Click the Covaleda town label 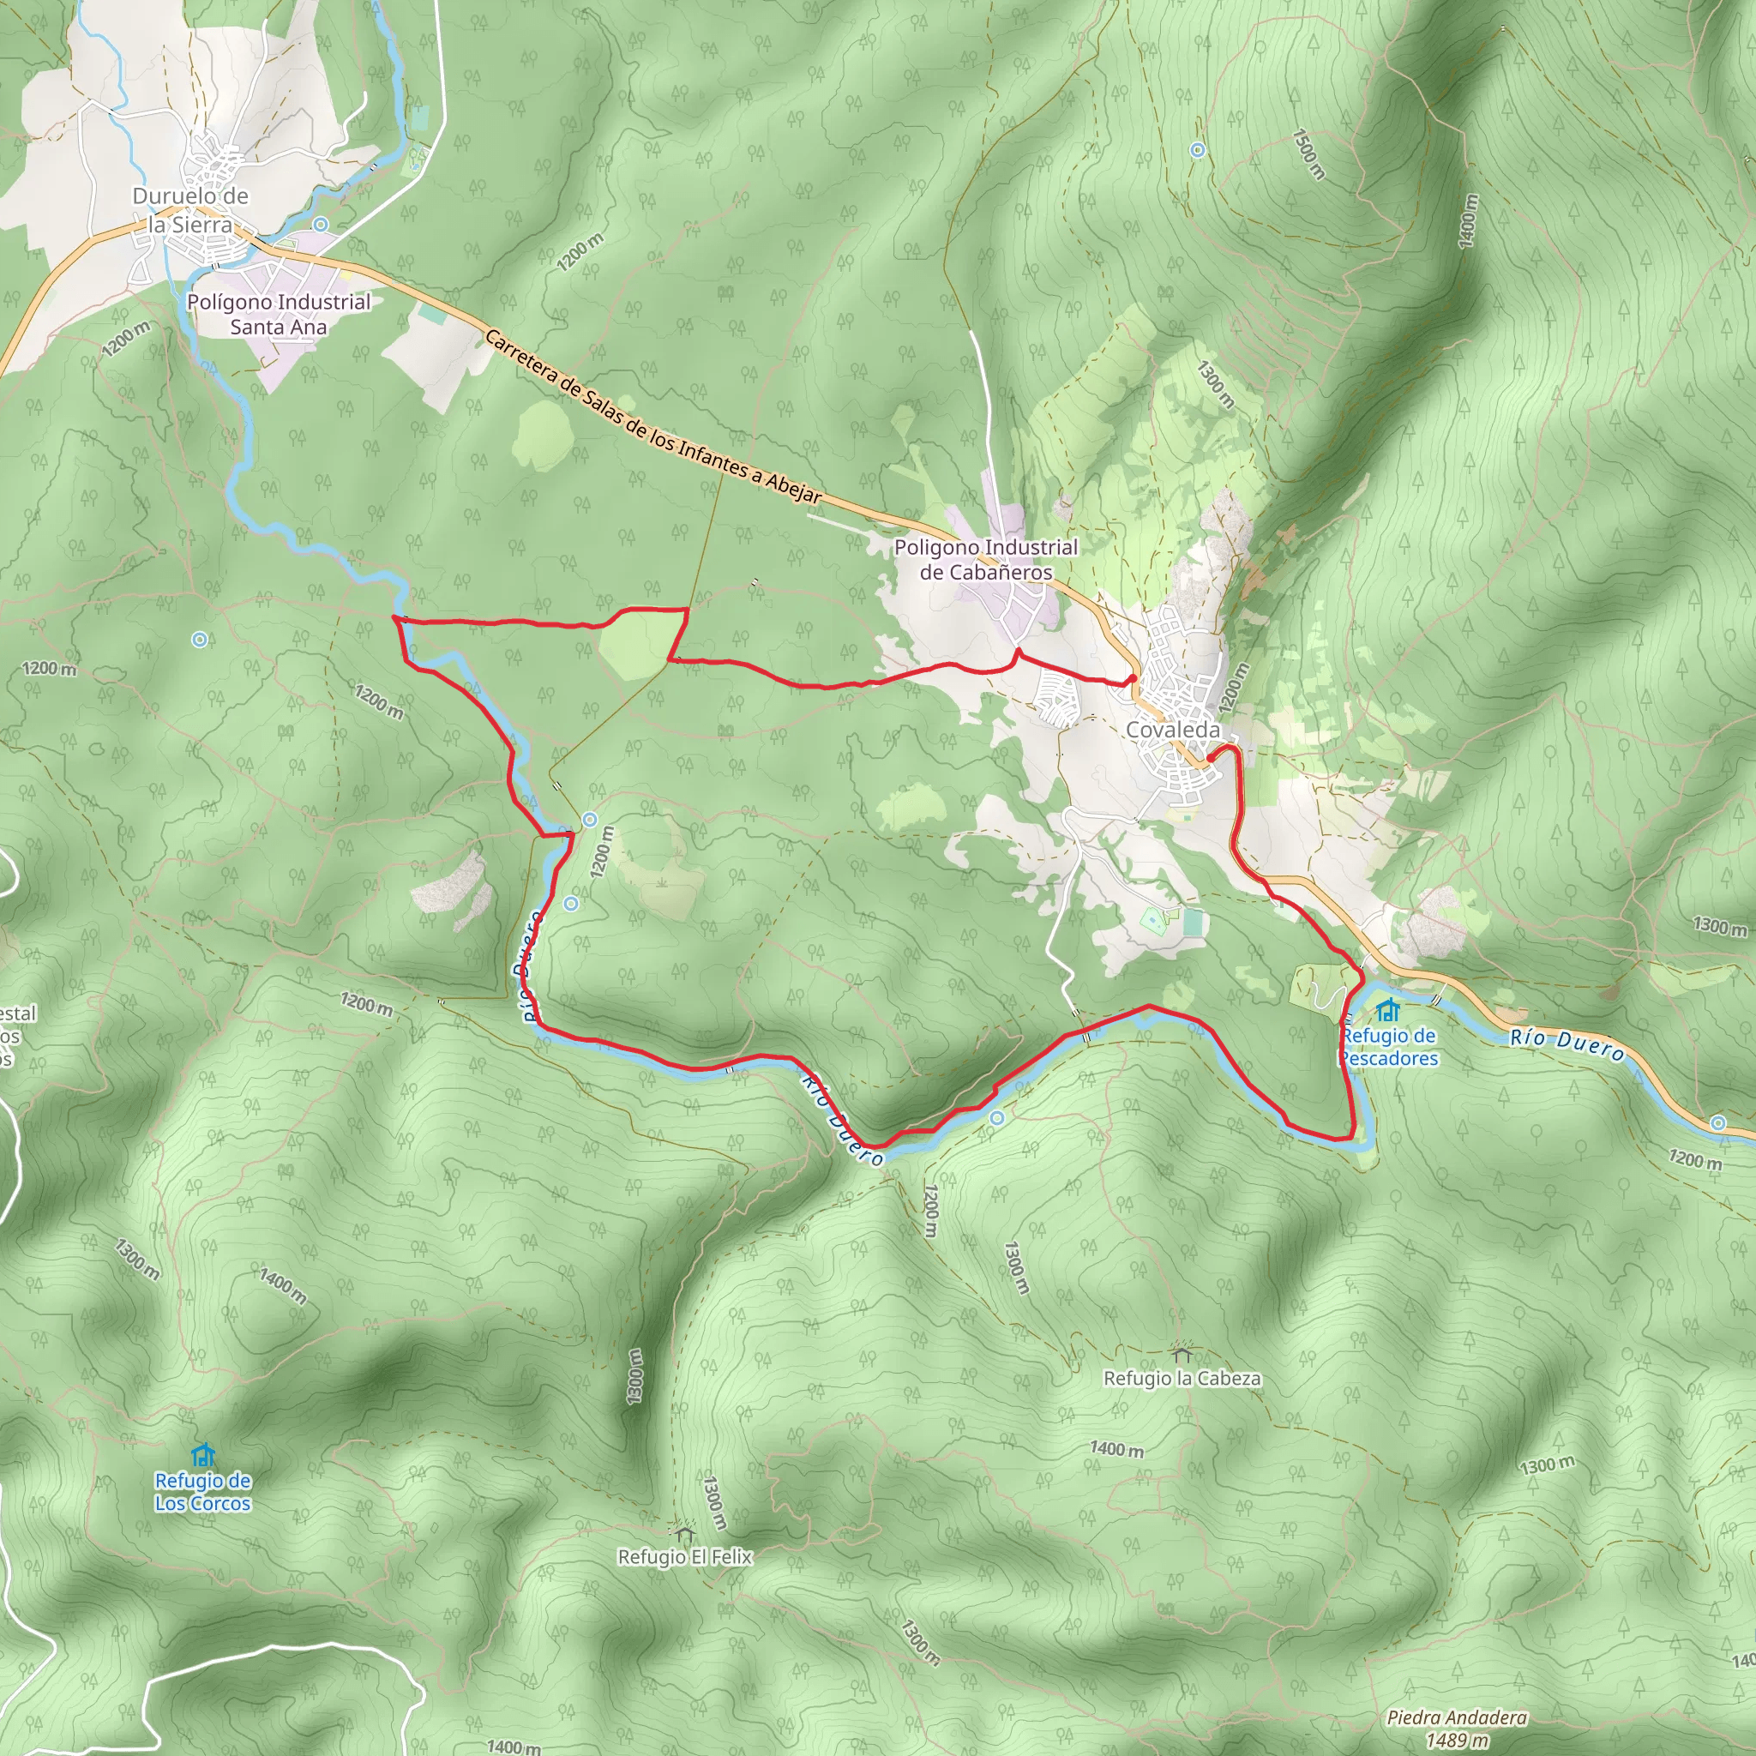[x=1172, y=730]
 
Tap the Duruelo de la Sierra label [x=190, y=210]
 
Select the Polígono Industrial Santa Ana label [x=278, y=315]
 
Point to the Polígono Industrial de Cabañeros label [x=985, y=560]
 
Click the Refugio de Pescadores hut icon [x=1387, y=1010]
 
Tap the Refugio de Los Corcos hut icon [x=202, y=1455]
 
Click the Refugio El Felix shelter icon [x=684, y=1532]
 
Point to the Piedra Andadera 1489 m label [x=1457, y=1729]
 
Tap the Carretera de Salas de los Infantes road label [x=652, y=418]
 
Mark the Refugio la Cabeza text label [x=1182, y=1379]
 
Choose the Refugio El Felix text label [x=684, y=1557]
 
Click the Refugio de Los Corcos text [x=202, y=1492]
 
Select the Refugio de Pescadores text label [x=1388, y=1047]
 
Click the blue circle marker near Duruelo [x=320, y=224]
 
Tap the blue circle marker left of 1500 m [x=1198, y=150]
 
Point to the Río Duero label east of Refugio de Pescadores [x=1567, y=1045]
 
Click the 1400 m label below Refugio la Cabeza [x=1116, y=1449]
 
